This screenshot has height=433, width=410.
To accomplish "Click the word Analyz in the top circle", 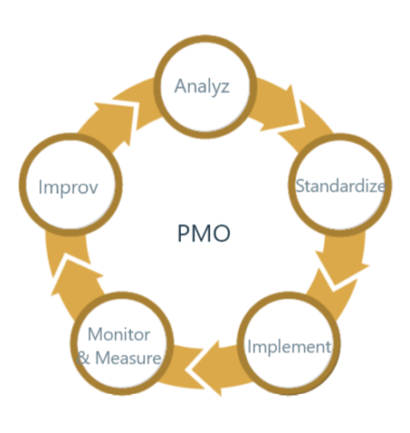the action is click(201, 87).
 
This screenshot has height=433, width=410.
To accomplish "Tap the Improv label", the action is click(68, 188).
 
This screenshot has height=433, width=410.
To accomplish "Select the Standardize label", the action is click(340, 186).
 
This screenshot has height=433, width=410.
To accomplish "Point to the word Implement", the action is click(290, 347).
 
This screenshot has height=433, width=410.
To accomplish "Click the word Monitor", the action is click(119, 334).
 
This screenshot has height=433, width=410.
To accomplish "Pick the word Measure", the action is click(128, 357).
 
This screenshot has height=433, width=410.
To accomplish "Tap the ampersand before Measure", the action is click(83, 358).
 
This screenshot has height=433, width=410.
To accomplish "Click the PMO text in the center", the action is click(204, 233).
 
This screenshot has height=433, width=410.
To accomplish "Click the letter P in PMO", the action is click(183, 233).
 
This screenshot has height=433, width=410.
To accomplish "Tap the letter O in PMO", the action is click(221, 233).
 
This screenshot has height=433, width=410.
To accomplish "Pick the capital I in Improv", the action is click(40, 187).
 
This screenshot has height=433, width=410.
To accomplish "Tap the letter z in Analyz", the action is click(225, 87).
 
